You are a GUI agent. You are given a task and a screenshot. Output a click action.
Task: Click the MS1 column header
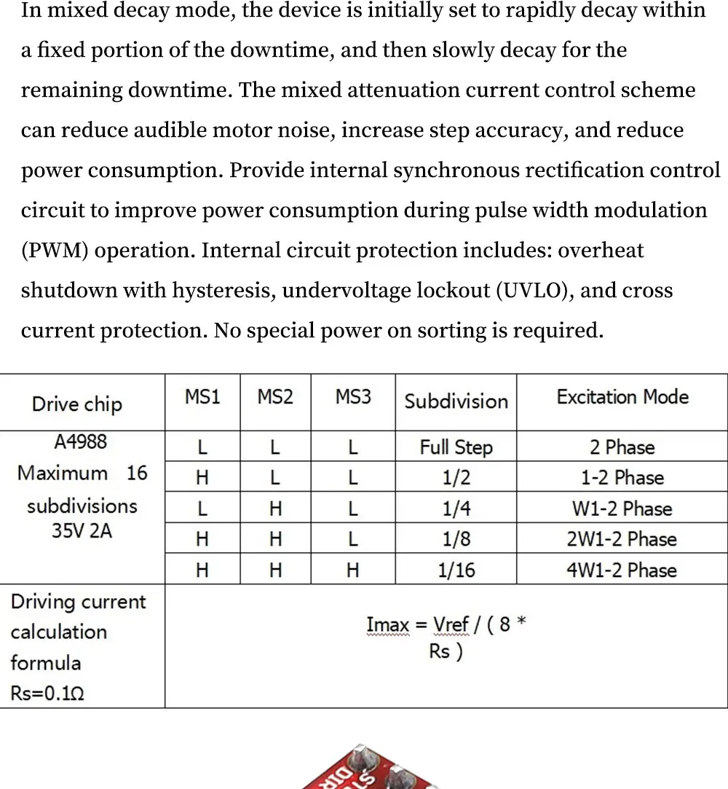tap(202, 397)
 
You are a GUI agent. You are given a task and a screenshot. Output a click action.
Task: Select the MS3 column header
tap(353, 397)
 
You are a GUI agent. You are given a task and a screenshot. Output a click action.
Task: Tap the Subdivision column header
tap(456, 401)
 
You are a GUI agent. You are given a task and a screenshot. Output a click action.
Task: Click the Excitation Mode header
tap(622, 397)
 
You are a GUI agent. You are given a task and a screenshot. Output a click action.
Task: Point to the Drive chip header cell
tap(77, 404)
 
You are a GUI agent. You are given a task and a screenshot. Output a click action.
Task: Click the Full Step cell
tap(456, 447)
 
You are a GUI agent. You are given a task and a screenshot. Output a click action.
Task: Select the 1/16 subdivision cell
tap(456, 570)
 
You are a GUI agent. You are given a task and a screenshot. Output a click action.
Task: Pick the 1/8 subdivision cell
tap(456, 539)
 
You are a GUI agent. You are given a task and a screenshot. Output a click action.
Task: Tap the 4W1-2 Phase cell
tap(622, 570)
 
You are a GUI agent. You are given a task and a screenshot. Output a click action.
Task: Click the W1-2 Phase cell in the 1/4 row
tap(622, 509)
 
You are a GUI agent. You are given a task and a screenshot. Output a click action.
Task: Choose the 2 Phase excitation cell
tap(622, 447)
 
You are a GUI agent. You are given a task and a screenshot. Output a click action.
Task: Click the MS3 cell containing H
tap(353, 570)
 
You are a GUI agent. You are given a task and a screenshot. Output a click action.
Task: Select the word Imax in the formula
tap(387, 625)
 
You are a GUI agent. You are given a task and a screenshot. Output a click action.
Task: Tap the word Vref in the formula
tap(451, 625)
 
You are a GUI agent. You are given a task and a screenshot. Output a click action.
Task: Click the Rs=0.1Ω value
tap(47, 694)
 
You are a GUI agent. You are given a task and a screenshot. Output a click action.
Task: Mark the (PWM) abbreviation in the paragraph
tap(55, 251)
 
